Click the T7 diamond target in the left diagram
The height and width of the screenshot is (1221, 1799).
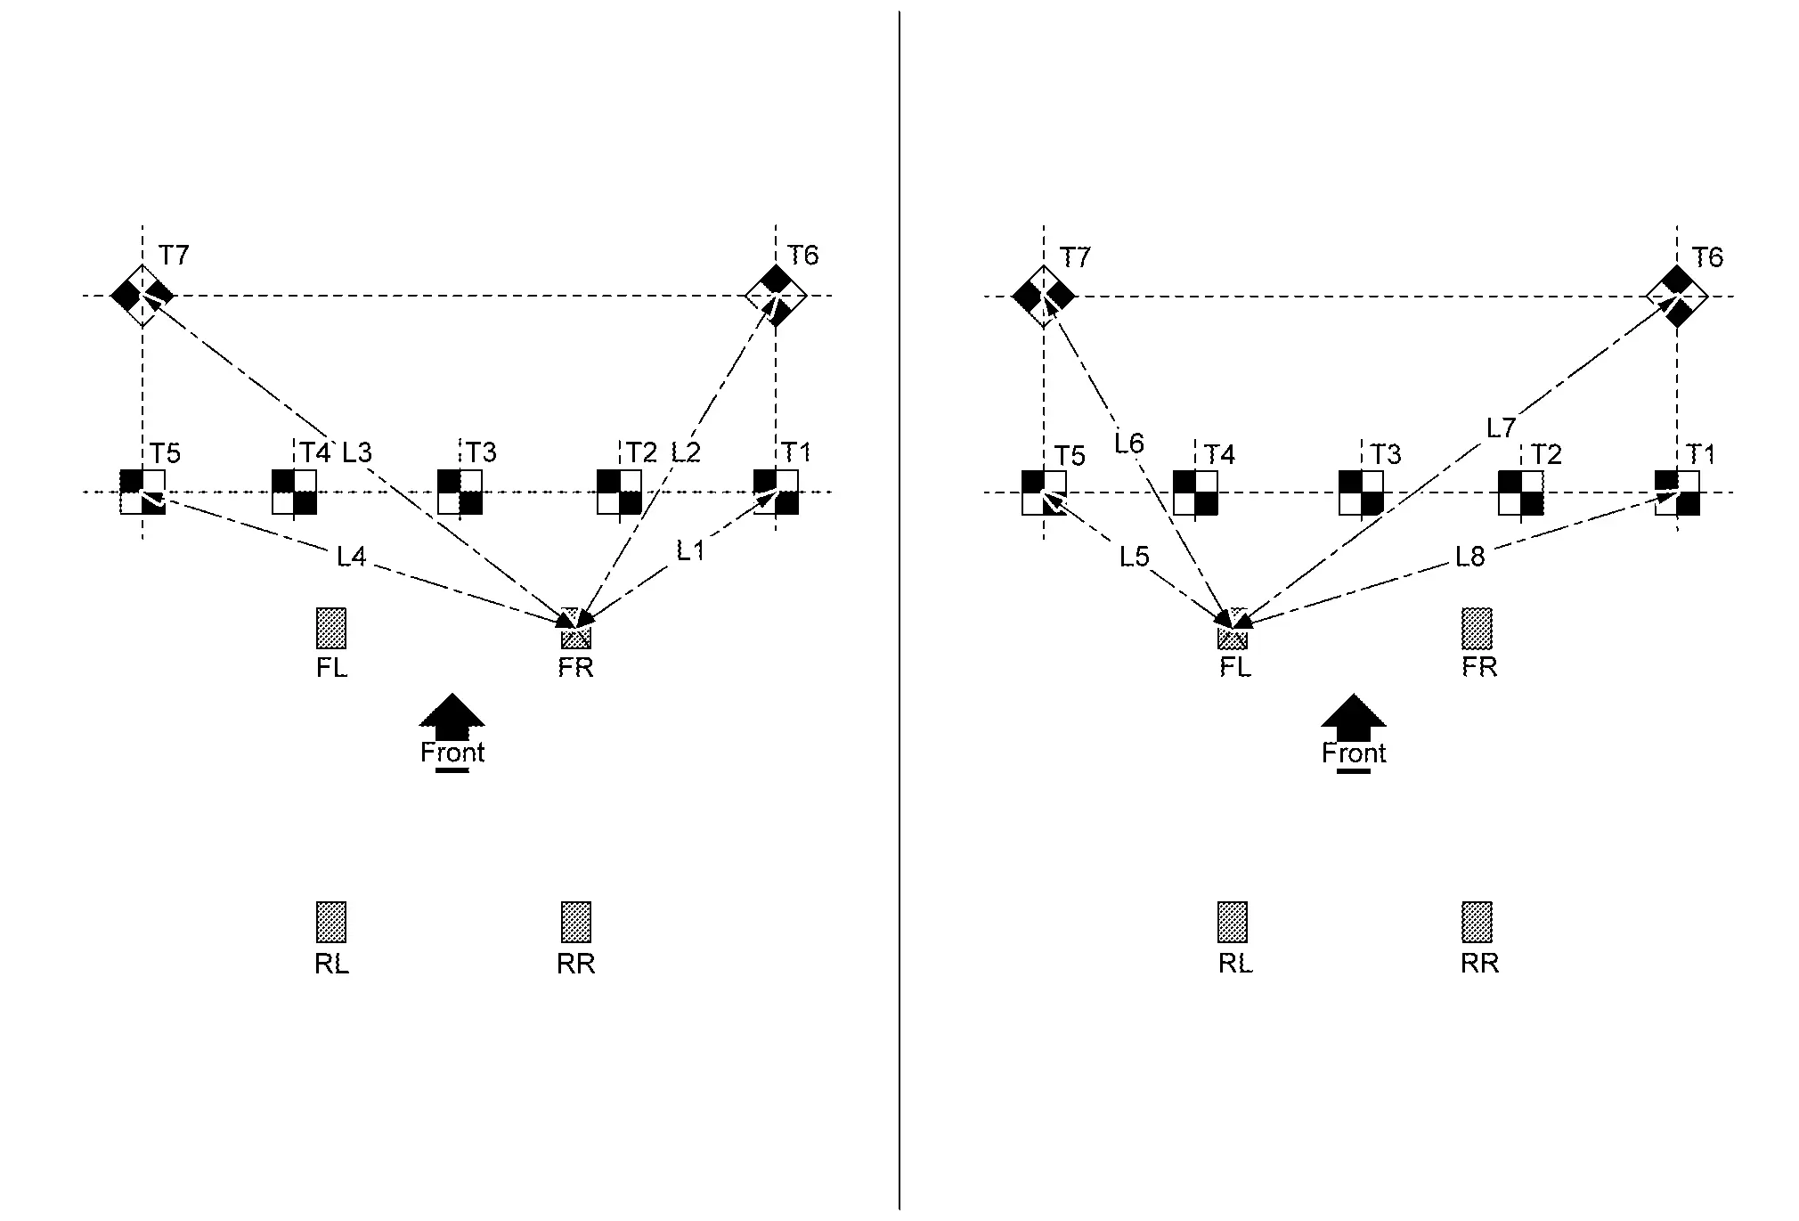point(142,296)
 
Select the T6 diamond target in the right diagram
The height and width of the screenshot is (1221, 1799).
point(1677,297)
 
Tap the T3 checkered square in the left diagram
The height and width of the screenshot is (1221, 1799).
point(460,492)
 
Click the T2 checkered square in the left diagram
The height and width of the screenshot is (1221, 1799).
point(619,492)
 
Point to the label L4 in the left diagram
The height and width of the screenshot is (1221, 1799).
point(351,558)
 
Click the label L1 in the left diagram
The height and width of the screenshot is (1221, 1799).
point(690,551)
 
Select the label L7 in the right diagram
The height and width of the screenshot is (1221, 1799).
point(1501,428)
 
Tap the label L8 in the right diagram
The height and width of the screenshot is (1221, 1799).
point(1470,558)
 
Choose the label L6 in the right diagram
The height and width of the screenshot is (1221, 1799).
point(1128,443)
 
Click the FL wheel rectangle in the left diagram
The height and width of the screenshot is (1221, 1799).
point(331,629)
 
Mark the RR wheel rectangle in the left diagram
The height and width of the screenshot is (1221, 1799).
point(575,922)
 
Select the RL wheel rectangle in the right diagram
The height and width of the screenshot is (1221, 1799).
point(1233,922)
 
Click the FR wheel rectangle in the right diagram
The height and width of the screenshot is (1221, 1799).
point(1477,629)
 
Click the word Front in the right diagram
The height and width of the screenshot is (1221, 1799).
point(1354,753)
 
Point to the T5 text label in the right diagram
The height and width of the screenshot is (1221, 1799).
point(1070,456)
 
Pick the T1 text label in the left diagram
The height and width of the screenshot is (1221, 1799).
point(796,453)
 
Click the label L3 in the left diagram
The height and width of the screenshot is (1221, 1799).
point(356,452)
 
